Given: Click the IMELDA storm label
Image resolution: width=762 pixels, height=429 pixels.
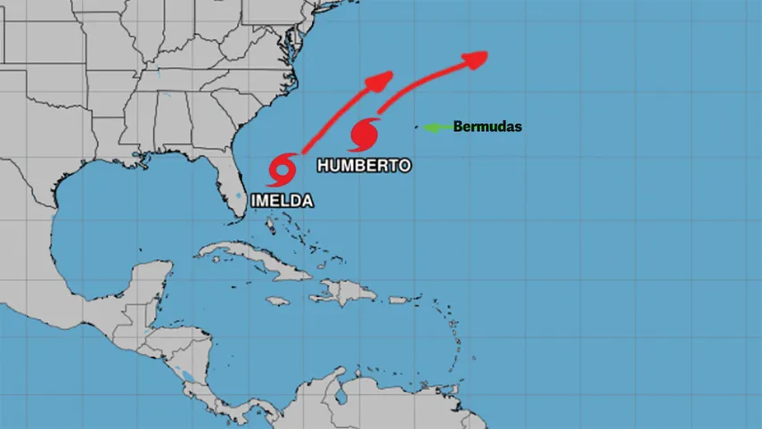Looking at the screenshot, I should pos(282,201).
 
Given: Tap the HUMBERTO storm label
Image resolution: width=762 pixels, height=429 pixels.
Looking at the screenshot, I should pos(365,165).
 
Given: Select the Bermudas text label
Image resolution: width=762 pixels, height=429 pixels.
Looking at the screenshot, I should pos(488,127).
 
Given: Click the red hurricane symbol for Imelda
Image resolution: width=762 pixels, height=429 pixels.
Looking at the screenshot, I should pos(283,169).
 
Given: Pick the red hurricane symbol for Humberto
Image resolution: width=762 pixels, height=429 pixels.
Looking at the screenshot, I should pos(365,134).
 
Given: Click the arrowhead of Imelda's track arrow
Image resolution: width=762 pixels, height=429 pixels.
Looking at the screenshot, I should pos(383,78).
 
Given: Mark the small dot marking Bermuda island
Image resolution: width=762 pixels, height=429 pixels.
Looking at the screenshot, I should pos(416,128).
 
